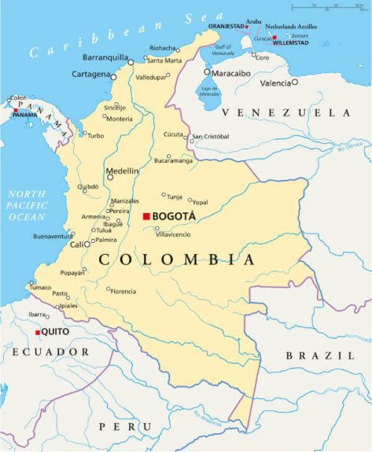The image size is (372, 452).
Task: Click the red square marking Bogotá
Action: (146, 216)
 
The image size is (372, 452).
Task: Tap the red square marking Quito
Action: (37, 333)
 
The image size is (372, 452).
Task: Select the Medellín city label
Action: (122, 171)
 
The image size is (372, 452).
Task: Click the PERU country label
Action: (124, 425)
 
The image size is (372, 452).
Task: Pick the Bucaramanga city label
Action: (173, 160)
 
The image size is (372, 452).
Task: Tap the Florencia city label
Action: (123, 291)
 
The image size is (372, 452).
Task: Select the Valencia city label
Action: (274, 83)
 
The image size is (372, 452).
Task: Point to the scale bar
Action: (326, 6)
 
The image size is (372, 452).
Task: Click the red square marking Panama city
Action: (16, 110)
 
